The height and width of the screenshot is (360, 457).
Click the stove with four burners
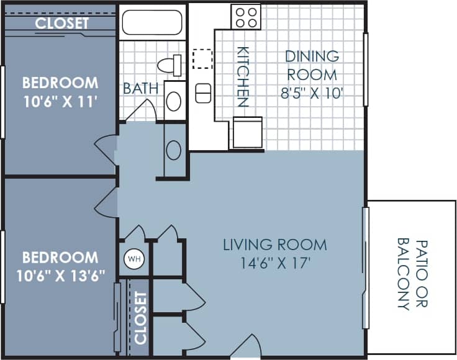click(x=246, y=16)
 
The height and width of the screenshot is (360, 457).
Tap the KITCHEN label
click(x=243, y=77)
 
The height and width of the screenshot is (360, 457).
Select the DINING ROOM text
click(x=312, y=65)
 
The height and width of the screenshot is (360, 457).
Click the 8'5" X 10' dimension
click(x=313, y=93)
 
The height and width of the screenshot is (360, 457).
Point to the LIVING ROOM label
click(x=274, y=245)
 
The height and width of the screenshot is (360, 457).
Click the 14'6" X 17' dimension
click(x=274, y=263)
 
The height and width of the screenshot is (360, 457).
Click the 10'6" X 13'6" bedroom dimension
click(x=60, y=274)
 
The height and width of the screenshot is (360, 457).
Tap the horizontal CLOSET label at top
click(x=61, y=24)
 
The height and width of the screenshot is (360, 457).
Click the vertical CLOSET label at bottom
click(x=140, y=318)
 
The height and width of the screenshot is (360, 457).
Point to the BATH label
click(x=140, y=89)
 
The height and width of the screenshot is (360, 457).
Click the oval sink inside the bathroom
click(x=174, y=101)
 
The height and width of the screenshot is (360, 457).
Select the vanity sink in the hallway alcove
click(x=174, y=150)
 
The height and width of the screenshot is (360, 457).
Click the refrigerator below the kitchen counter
click(x=247, y=132)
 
